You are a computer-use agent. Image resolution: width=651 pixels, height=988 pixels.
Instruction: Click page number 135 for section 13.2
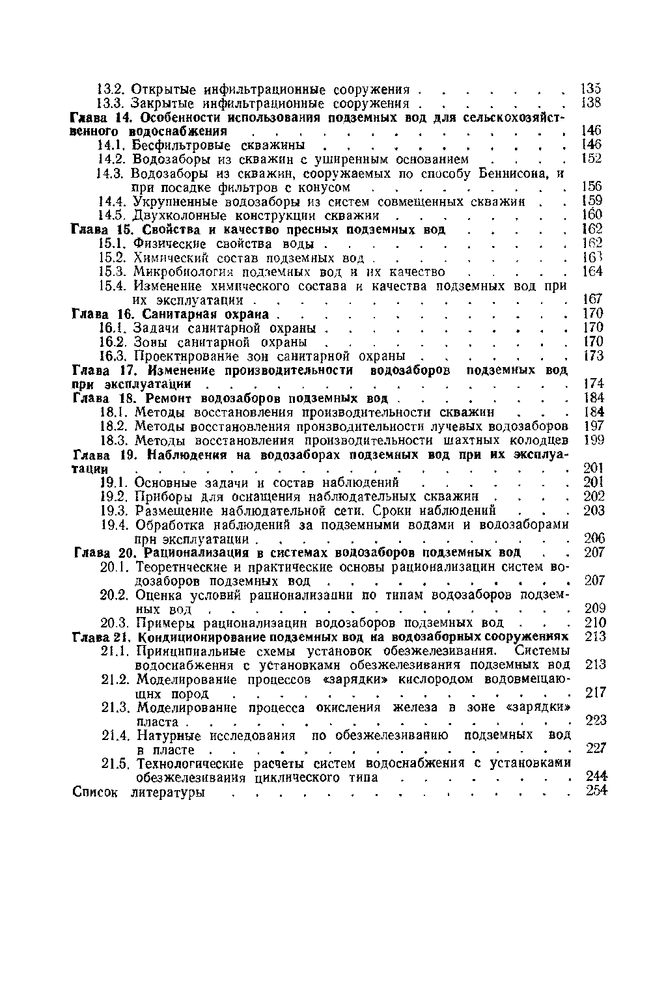coord(590,89)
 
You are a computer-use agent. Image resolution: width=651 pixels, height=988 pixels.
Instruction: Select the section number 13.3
coord(111,103)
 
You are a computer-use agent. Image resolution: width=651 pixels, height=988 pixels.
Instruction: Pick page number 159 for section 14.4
coord(591,201)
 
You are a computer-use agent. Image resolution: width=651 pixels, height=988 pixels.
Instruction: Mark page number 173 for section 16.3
coord(592,356)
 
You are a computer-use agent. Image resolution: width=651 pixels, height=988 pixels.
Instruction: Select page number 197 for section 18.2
coord(592,426)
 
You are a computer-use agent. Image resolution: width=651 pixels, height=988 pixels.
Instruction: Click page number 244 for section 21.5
coord(594,777)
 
